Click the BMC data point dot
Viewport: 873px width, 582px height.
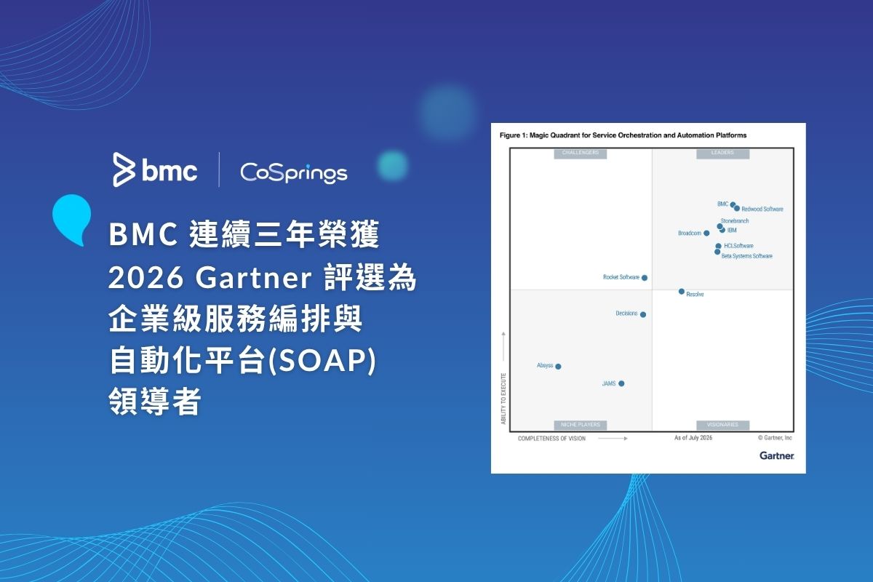(733, 204)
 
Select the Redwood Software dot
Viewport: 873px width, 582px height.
(737, 209)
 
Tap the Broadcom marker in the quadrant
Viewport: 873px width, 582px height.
(706, 233)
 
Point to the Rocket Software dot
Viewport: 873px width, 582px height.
(645, 278)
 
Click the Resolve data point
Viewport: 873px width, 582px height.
(682, 291)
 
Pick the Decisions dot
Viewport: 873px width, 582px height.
(643, 314)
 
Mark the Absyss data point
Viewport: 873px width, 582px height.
(558, 366)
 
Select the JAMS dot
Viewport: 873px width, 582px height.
(621, 383)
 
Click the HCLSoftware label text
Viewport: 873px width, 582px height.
(738, 246)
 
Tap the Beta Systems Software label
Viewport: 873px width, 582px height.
(746, 256)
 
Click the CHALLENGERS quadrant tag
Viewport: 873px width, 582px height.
(581, 154)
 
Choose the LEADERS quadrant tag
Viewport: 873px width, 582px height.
(722, 154)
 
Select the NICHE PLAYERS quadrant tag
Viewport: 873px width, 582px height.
(581, 425)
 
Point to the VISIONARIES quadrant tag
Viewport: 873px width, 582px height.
(722, 425)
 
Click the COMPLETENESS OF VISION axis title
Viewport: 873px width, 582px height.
(551, 439)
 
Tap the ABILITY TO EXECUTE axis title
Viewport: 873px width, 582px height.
(503, 399)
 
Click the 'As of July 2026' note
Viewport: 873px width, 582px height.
(693, 438)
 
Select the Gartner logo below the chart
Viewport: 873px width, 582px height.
(777, 455)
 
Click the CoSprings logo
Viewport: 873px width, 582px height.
(293, 172)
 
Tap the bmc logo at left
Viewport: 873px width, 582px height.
(155, 170)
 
